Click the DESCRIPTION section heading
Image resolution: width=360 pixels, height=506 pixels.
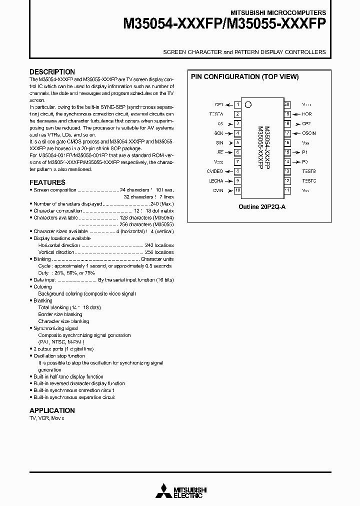[52, 72]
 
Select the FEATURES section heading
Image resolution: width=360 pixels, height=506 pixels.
[47, 182]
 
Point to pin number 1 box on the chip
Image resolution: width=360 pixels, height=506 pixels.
[237, 104]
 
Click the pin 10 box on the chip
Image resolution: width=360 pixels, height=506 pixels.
[237, 190]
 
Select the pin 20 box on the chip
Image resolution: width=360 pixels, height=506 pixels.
[287, 104]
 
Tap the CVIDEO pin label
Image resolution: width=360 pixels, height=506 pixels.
[215, 171]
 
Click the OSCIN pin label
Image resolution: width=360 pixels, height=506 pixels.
[308, 133]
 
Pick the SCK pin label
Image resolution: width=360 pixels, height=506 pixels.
[218, 133]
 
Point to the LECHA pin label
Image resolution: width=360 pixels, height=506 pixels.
[216, 181]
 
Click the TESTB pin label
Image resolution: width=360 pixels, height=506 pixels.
[308, 171]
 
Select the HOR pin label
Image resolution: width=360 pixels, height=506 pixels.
[306, 114]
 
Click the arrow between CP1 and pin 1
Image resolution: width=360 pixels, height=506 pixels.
[228, 104]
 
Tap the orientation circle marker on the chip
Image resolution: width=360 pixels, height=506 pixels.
[248, 105]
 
